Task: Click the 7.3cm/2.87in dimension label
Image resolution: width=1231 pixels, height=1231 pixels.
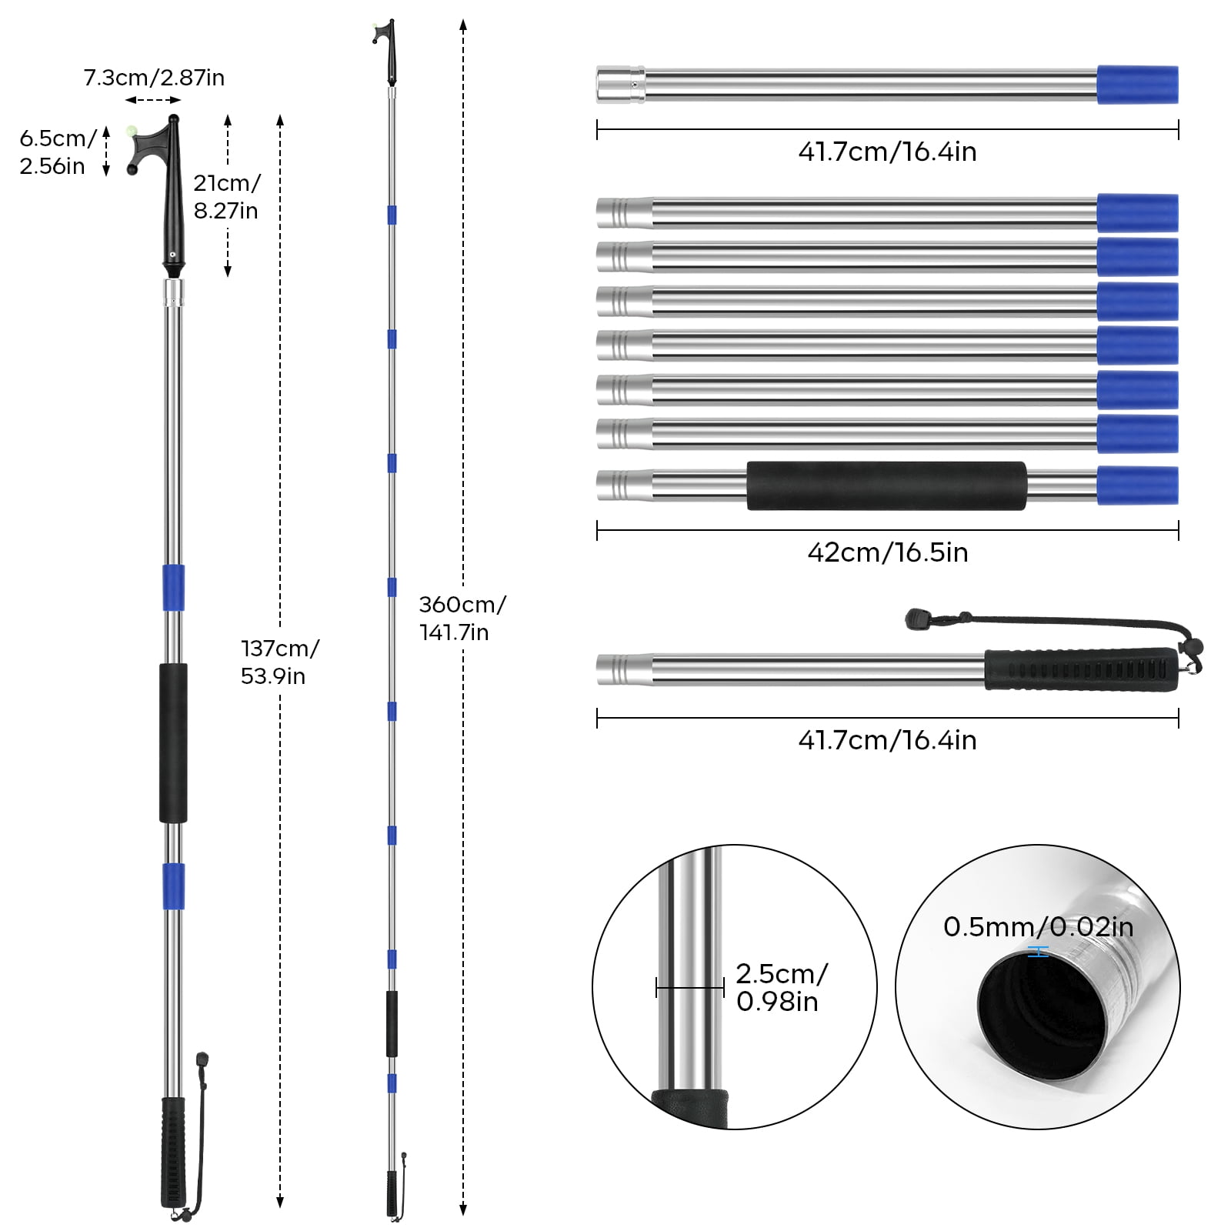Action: [154, 78]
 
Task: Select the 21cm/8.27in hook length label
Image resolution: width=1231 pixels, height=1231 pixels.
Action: [226, 196]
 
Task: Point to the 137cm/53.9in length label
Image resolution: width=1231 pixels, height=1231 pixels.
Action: [279, 662]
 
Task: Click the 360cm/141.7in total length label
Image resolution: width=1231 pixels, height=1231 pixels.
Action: [462, 618]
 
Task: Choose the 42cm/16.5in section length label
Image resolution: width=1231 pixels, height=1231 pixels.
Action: [887, 552]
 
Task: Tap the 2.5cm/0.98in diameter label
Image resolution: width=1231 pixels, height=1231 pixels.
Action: [780, 987]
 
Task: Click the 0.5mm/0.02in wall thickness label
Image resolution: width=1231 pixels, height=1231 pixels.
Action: [1038, 927]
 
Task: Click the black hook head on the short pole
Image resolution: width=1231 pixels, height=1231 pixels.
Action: [171, 192]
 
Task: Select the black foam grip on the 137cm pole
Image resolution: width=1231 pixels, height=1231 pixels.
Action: [173, 742]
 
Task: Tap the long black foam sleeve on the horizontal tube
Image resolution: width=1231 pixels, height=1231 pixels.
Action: [886, 485]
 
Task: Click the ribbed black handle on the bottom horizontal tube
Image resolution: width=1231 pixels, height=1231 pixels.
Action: [1081, 669]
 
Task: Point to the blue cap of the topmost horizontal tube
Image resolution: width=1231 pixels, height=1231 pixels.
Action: [1137, 85]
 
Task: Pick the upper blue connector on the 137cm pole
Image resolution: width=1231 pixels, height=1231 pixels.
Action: [173, 587]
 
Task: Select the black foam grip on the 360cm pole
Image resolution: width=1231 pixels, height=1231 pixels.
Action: [392, 1023]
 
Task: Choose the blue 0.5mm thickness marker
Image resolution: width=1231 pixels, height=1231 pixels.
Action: [1038, 952]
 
